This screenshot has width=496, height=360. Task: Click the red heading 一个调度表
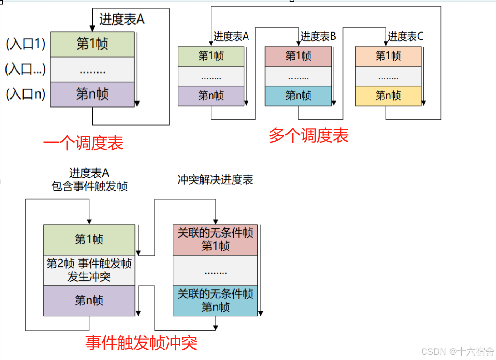(83, 144)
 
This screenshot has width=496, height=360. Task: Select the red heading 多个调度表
(308, 136)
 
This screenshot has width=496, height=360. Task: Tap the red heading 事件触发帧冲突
(141, 343)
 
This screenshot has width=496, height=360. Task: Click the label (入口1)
(26, 44)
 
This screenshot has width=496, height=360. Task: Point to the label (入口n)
(26, 94)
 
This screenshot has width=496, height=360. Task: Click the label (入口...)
(25, 69)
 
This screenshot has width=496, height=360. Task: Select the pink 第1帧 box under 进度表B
(298, 56)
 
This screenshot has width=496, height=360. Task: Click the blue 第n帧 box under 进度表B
(298, 96)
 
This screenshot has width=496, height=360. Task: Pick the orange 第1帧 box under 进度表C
(388, 56)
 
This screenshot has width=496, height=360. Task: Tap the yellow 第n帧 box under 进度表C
(388, 96)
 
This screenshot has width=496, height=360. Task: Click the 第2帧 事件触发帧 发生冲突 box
(89, 270)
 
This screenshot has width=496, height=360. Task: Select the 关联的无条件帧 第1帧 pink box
(215, 240)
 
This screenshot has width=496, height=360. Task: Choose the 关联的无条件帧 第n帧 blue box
(215, 301)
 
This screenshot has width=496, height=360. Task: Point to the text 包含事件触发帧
(89, 187)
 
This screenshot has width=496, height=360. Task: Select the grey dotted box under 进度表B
(298, 76)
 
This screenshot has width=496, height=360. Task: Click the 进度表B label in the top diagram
(318, 36)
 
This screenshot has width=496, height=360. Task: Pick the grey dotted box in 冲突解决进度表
(215, 271)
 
